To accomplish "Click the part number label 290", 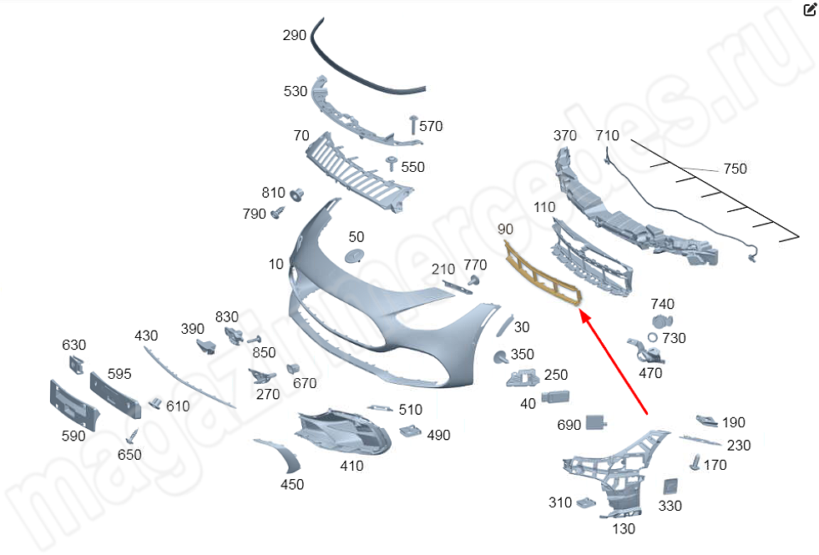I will click(x=295, y=36).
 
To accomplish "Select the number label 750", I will click(x=735, y=169).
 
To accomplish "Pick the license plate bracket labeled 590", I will click(x=74, y=404).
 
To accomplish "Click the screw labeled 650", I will click(x=132, y=436).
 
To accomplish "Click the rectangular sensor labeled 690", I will click(x=596, y=422).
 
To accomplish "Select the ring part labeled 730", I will click(x=652, y=337).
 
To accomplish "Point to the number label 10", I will click(x=276, y=264).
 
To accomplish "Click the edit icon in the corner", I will click(x=809, y=10).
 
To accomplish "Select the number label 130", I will click(x=624, y=528).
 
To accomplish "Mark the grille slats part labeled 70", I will click(x=359, y=171).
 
